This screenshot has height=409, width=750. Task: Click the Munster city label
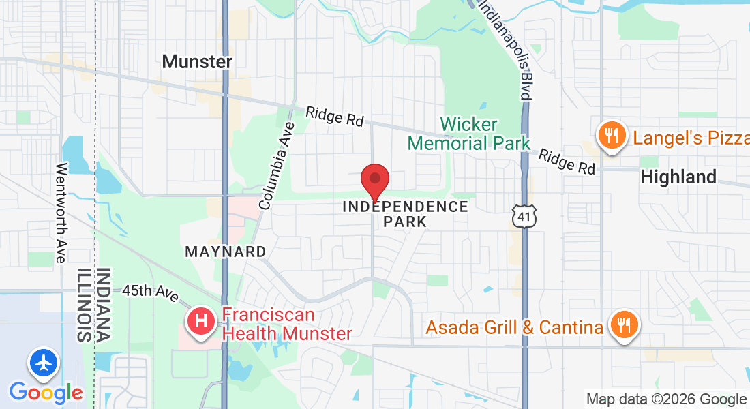[x=197, y=61]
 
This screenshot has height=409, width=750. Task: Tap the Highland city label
[x=678, y=177]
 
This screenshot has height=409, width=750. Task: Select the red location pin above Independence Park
[x=374, y=181]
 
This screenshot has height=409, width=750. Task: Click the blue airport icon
[x=42, y=363]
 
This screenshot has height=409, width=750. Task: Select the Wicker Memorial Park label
[x=469, y=134]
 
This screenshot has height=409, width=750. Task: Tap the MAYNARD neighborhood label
[x=226, y=252]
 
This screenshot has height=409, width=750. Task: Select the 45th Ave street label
[x=150, y=293]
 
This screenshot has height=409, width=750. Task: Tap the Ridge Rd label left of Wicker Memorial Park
[x=334, y=116]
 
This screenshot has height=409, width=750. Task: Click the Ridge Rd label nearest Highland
[x=567, y=162]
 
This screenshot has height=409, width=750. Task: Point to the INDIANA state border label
[x=104, y=305]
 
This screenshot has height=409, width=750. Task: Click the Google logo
[x=46, y=392]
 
